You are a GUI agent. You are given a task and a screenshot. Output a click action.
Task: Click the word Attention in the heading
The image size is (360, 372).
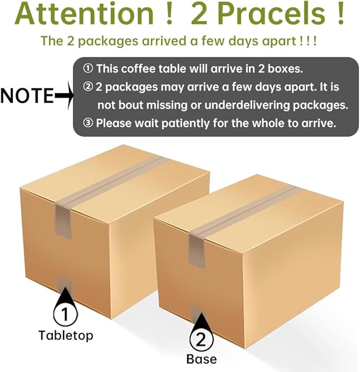coord(84,13)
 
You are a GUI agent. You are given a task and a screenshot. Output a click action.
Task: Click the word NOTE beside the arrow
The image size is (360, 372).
coord(27,95)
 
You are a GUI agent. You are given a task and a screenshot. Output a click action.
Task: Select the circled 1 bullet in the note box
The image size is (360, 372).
coord(88,69)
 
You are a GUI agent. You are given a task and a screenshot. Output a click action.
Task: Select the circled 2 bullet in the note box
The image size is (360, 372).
coord(88,87)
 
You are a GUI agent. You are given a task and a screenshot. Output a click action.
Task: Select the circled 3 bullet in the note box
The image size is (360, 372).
coord(88,123)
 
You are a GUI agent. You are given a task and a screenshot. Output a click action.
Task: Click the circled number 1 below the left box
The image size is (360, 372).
coord(65,314)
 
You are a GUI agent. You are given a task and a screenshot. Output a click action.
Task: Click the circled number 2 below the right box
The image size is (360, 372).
coord(201,340)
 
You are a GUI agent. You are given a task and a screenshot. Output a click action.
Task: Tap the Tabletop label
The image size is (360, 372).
coord(66,336)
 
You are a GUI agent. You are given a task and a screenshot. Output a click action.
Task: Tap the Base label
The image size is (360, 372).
coord(201,359)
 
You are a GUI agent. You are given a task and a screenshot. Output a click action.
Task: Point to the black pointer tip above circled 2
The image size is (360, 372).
coord(201,313)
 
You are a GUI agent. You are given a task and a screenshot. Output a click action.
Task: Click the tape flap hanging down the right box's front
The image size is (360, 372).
coord(197,251)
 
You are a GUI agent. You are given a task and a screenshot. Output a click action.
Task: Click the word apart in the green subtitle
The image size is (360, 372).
coord(278,41)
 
